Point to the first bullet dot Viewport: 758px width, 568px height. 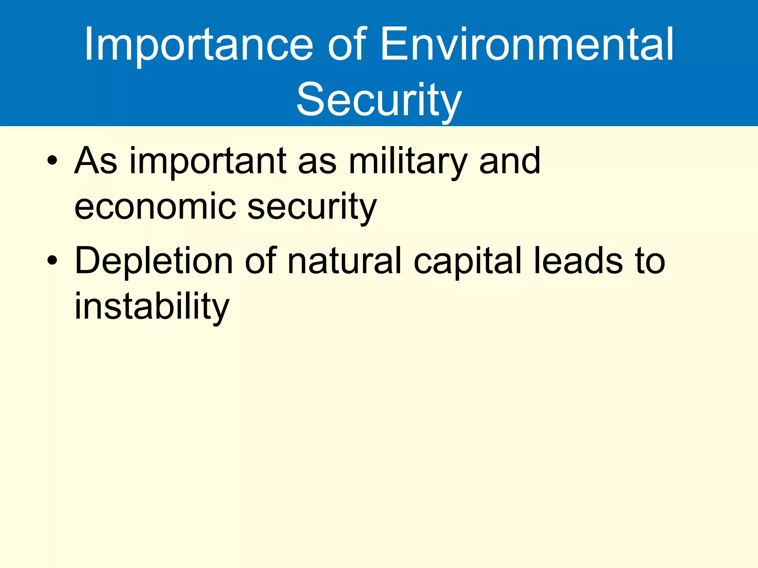click(x=52, y=161)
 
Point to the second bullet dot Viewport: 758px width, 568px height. click(x=52, y=261)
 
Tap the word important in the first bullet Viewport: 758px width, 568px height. click(x=208, y=161)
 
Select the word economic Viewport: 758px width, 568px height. click(x=155, y=206)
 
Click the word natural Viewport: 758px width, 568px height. click(x=344, y=261)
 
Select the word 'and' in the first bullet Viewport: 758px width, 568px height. click(x=510, y=161)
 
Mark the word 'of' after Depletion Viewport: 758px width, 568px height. click(x=260, y=261)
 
